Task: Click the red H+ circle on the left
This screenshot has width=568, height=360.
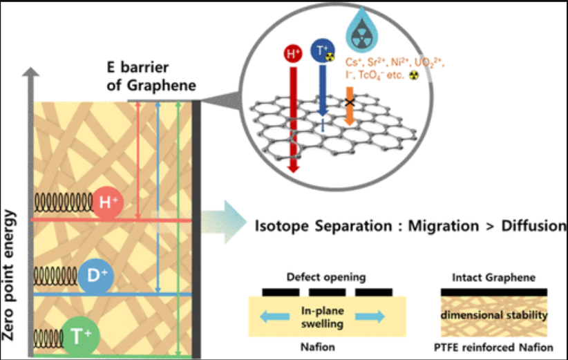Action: (107, 202)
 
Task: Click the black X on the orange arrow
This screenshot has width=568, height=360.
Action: (350, 102)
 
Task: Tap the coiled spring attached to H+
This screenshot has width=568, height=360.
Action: (62, 202)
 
